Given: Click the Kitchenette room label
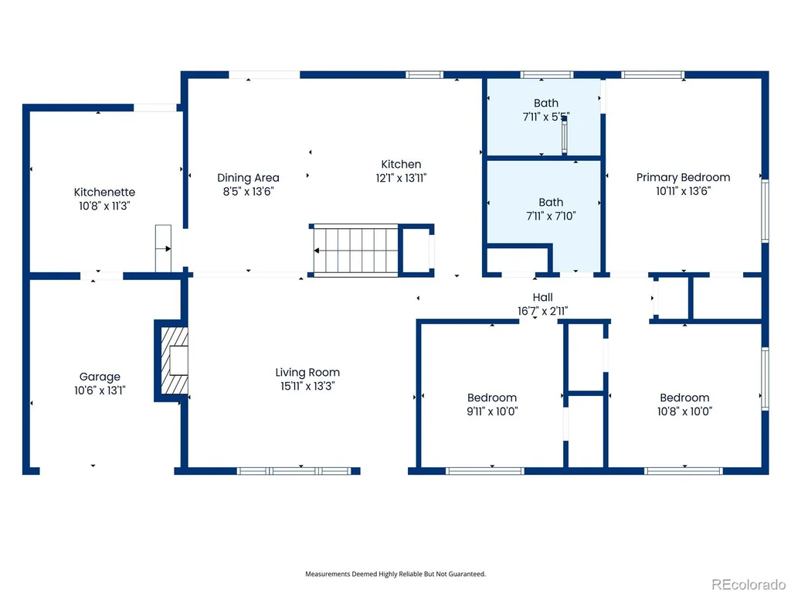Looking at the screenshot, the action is (104, 192).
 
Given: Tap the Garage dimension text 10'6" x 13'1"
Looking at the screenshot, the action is (100, 391).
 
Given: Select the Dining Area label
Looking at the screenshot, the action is (248, 178).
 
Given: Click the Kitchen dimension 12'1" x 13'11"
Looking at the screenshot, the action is (401, 178).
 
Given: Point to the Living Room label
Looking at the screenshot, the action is (307, 372).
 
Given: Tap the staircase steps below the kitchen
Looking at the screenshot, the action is (355, 251).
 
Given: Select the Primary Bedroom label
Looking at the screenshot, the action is (683, 177).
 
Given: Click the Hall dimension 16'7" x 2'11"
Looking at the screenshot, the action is (543, 311).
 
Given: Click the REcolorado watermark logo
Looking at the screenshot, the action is (748, 585).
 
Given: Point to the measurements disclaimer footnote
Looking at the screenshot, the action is (395, 574).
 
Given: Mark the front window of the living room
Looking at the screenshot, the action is (294, 471).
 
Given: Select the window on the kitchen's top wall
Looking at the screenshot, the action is (424, 75).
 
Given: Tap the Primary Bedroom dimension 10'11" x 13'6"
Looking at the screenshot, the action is (683, 191).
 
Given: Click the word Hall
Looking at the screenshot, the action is (543, 298).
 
